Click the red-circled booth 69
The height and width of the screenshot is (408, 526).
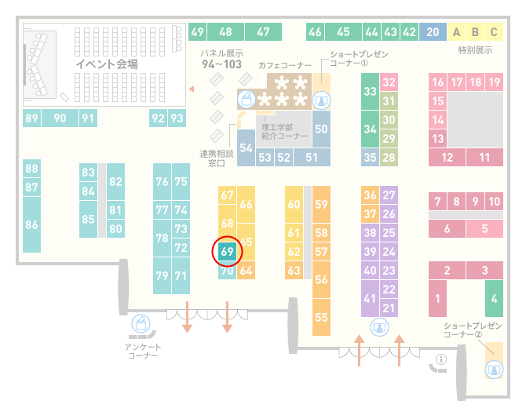pyautogui.click(x=227, y=251)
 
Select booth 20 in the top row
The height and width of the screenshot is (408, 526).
pyautogui.click(x=433, y=32)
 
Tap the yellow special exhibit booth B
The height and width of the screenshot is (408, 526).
pyautogui.click(x=475, y=32)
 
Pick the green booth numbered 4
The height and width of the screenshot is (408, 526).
pyautogui.click(x=494, y=298)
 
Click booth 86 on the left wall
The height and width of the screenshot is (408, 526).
pyautogui.click(x=31, y=224)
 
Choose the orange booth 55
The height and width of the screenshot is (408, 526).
pyautogui.click(x=321, y=317)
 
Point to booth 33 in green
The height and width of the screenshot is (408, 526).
pyautogui.click(x=370, y=91)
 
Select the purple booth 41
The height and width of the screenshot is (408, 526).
pyautogui.click(x=370, y=298)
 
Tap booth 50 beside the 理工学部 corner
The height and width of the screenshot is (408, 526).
pyautogui.click(x=321, y=129)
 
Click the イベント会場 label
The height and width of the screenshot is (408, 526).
pyautogui.click(x=107, y=64)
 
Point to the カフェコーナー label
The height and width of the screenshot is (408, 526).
pyautogui.click(x=285, y=65)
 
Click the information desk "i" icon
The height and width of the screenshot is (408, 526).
pyautogui.click(x=440, y=359)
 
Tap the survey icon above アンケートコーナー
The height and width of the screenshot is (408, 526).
pyautogui.click(x=141, y=323)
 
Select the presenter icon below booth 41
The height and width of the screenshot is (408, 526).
pyautogui.click(x=379, y=327)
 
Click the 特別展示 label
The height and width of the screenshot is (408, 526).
pyautogui.click(x=475, y=50)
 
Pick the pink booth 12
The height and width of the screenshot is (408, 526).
pyautogui.click(x=447, y=157)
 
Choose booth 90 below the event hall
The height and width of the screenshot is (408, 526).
pyautogui.click(x=60, y=118)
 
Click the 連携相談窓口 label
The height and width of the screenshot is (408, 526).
pyautogui.click(x=217, y=158)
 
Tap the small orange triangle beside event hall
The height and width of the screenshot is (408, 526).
pyautogui.click(x=192, y=89)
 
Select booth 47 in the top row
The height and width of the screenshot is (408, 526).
pyautogui.click(x=263, y=32)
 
